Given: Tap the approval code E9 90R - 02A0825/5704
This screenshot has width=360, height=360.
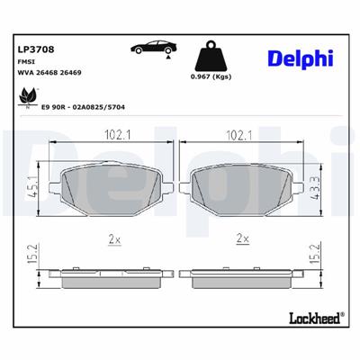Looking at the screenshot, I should (83, 107).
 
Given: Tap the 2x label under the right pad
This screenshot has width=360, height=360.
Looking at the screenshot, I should (241, 239).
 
